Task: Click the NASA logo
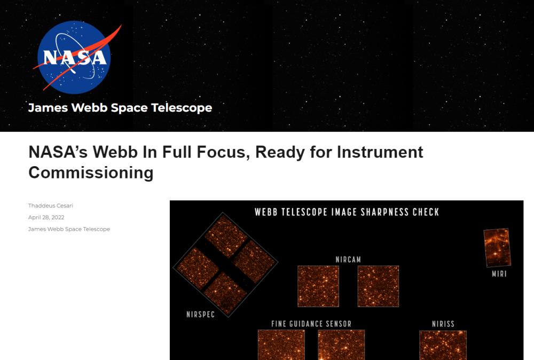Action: point(74,57)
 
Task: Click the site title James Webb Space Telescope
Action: point(120,107)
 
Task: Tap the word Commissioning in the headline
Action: point(91,173)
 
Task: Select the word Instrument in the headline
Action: point(380,152)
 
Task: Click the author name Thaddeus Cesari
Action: point(50,206)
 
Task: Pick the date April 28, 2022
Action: point(46,217)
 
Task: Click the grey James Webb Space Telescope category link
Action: point(69,229)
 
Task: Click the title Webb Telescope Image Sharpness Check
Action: point(347,212)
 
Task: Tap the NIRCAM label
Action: point(348,260)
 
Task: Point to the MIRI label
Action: point(499,274)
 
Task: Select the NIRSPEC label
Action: point(201,315)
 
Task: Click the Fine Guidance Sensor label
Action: point(311,324)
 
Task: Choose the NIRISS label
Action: point(443,324)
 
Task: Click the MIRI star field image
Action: point(497,248)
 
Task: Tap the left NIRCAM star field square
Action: point(318,286)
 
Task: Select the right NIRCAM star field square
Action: point(378,286)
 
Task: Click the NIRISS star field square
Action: point(443,345)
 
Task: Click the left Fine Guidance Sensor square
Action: point(281,345)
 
